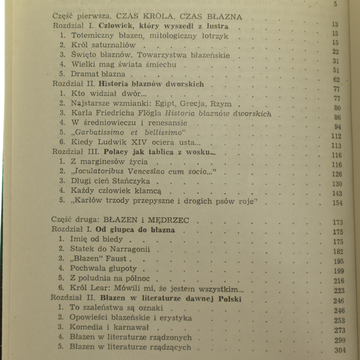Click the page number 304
tap(339, 350)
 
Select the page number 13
tap(335, 24)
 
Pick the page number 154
tap(337, 203)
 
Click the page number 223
tap(339, 291)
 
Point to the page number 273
tap(339, 330)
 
